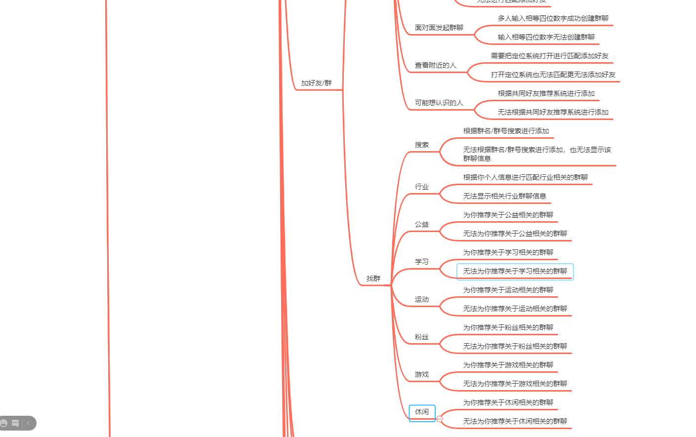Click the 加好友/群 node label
click(316, 83)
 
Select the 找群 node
click(373, 278)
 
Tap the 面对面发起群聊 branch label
click(439, 28)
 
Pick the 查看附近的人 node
click(435, 65)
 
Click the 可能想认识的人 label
click(439, 103)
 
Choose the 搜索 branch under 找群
click(421, 145)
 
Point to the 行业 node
click(421, 187)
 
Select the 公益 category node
click(421, 224)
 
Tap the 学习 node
click(421, 262)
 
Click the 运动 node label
click(421, 299)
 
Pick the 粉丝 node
click(421, 337)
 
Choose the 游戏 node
click(421, 374)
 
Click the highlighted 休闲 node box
click(422, 412)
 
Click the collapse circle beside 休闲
click(440, 419)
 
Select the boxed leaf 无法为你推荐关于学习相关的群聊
click(515, 271)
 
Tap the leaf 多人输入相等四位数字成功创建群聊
click(553, 18)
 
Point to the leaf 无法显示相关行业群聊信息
click(504, 196)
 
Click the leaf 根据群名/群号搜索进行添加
click(506, 131)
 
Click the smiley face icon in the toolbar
click(4, 423)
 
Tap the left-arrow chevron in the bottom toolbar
click(28, 423)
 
